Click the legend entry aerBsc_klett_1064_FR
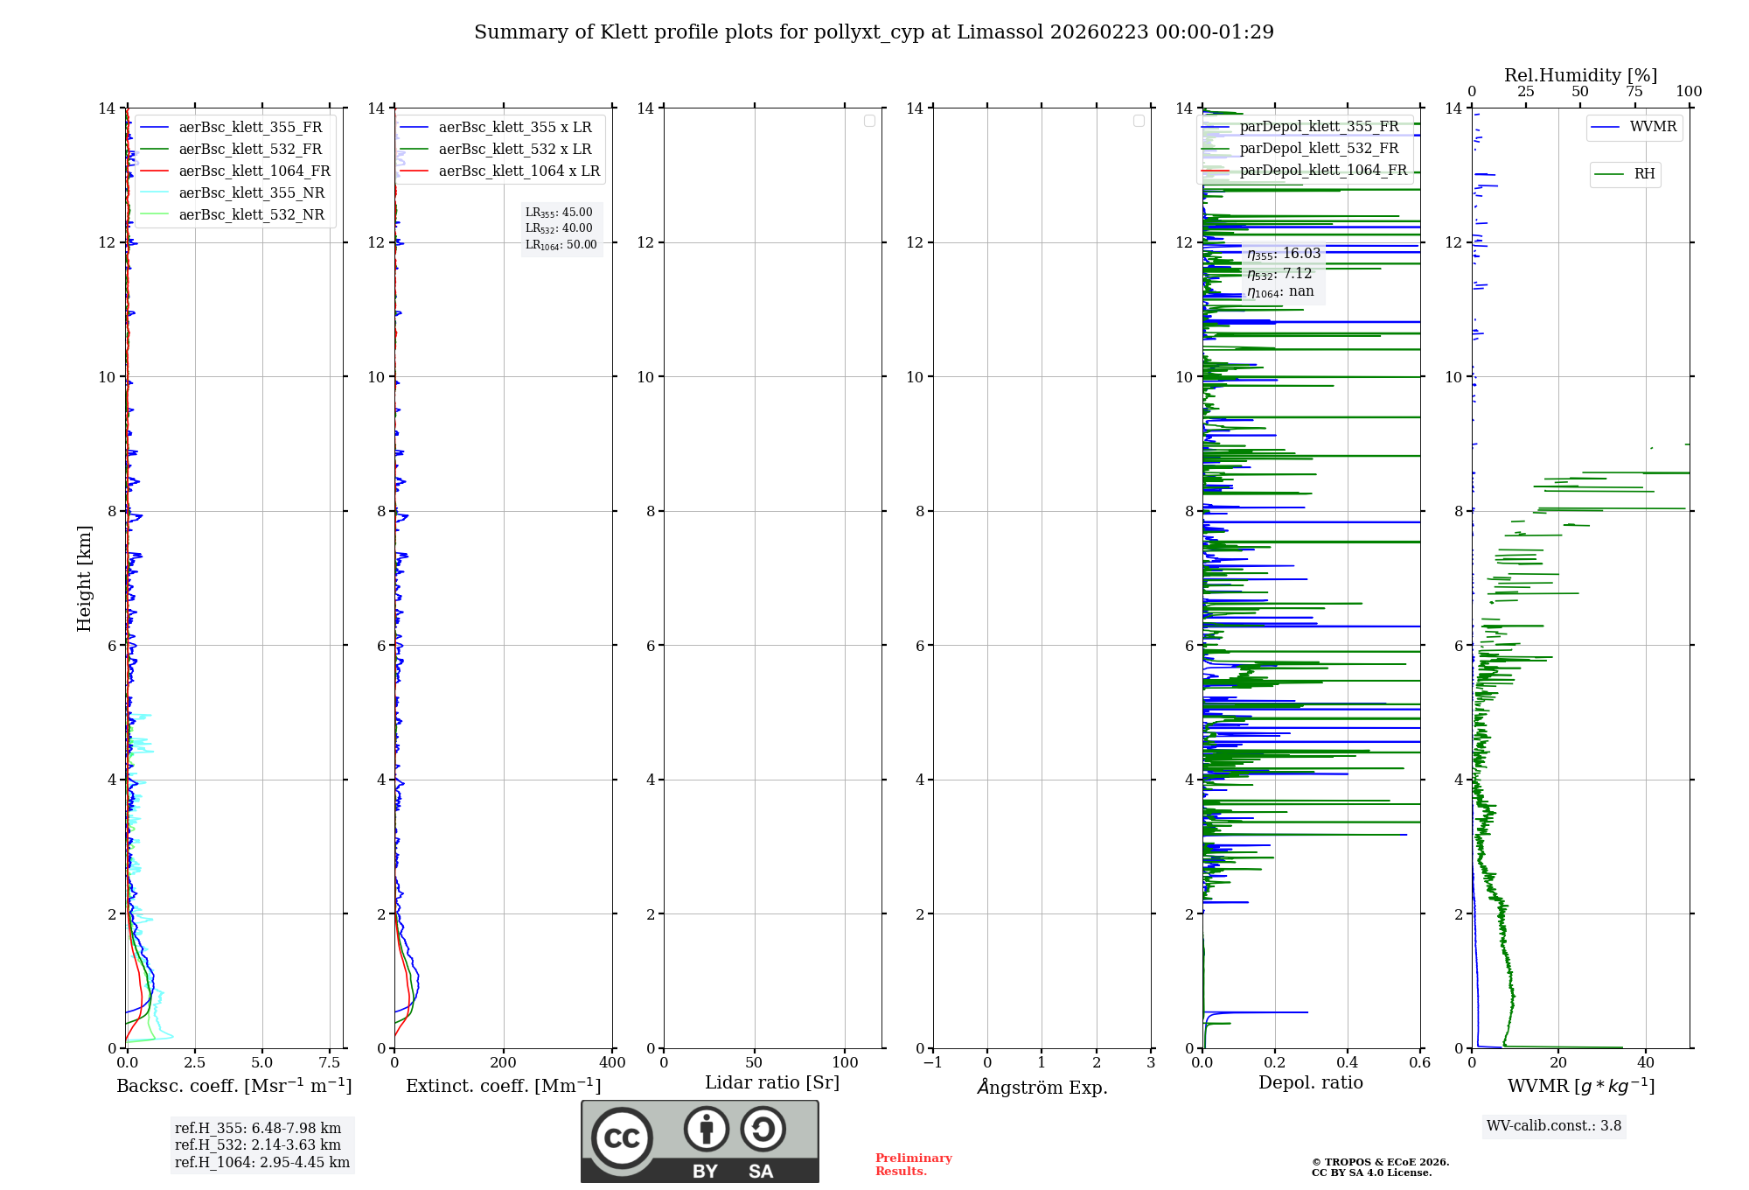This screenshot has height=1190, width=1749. pyautogui.click(x=254, y=171)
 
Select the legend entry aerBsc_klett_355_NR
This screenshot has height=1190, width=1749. pyautogui.click(x=251, y=192)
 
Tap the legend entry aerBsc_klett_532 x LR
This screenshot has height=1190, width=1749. pyautogui.click(x=514, y=149)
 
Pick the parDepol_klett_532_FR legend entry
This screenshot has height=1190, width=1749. pyautogui.click(x=1319, y=148)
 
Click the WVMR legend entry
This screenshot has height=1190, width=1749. pyautogui.click(x=1652, y=127)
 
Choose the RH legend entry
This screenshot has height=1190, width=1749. pyautogui.click(x=1643, y=174)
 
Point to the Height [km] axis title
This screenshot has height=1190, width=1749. pyautogui.click(x=84, y=577)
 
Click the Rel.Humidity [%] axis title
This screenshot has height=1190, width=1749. pyautogui.click(x=1580, y=75)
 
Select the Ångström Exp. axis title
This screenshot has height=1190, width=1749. pyautogui.click(x=1042, y=1087)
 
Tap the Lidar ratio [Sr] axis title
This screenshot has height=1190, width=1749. pyautogui.click(x=771, y=1082)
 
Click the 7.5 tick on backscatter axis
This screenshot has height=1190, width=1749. pyautogui.click(x=329, y=1062)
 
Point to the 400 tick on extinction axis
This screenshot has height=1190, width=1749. pyautogui.click(x=612, y=1062)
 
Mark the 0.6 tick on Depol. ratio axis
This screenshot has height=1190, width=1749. pyautogui.click(x=1419, y=1062)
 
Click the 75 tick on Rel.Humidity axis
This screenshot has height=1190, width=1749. pyautogui.click(x=1634, y=91)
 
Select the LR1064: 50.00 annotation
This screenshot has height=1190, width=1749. pyautogui.click(x=561, y=245)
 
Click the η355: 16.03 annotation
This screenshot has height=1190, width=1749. pyautogui.click(x=1283, y=254)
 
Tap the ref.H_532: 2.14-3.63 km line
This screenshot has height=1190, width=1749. pyautogui.click(x=257, y=1144)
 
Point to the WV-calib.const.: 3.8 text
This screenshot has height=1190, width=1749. pyautogui.click(x=1553, y=1125)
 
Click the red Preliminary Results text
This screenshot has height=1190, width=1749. pyautogui.click(x=913, y=1164)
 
